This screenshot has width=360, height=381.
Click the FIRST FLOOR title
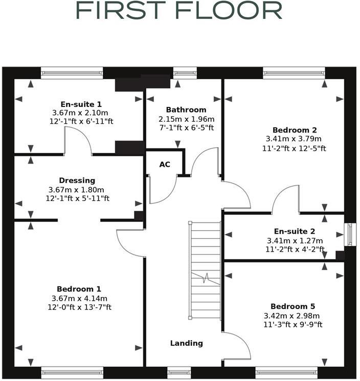pyautogui.click(x=178, y=10)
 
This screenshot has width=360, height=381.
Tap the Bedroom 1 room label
pyautogui.click(x=79, y=288)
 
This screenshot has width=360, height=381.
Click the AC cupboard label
pyautogui.click(x=165, y=165)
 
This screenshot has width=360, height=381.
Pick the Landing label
pyautogui.click(x=186, y=343)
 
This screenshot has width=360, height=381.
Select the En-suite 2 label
pyautogui.click(x=292, y=231)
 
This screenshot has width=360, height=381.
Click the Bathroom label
pyautogui.click(x=186, y=109)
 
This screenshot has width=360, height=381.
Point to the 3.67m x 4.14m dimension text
pyautogui.click(x=79, y=298)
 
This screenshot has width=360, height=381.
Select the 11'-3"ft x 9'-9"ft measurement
pyautogui.click(x=294, y=324)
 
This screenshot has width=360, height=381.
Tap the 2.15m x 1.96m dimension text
pyautogui.click(x=186, y=119)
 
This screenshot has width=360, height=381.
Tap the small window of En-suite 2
pyautogui.click(x=350, y=233)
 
